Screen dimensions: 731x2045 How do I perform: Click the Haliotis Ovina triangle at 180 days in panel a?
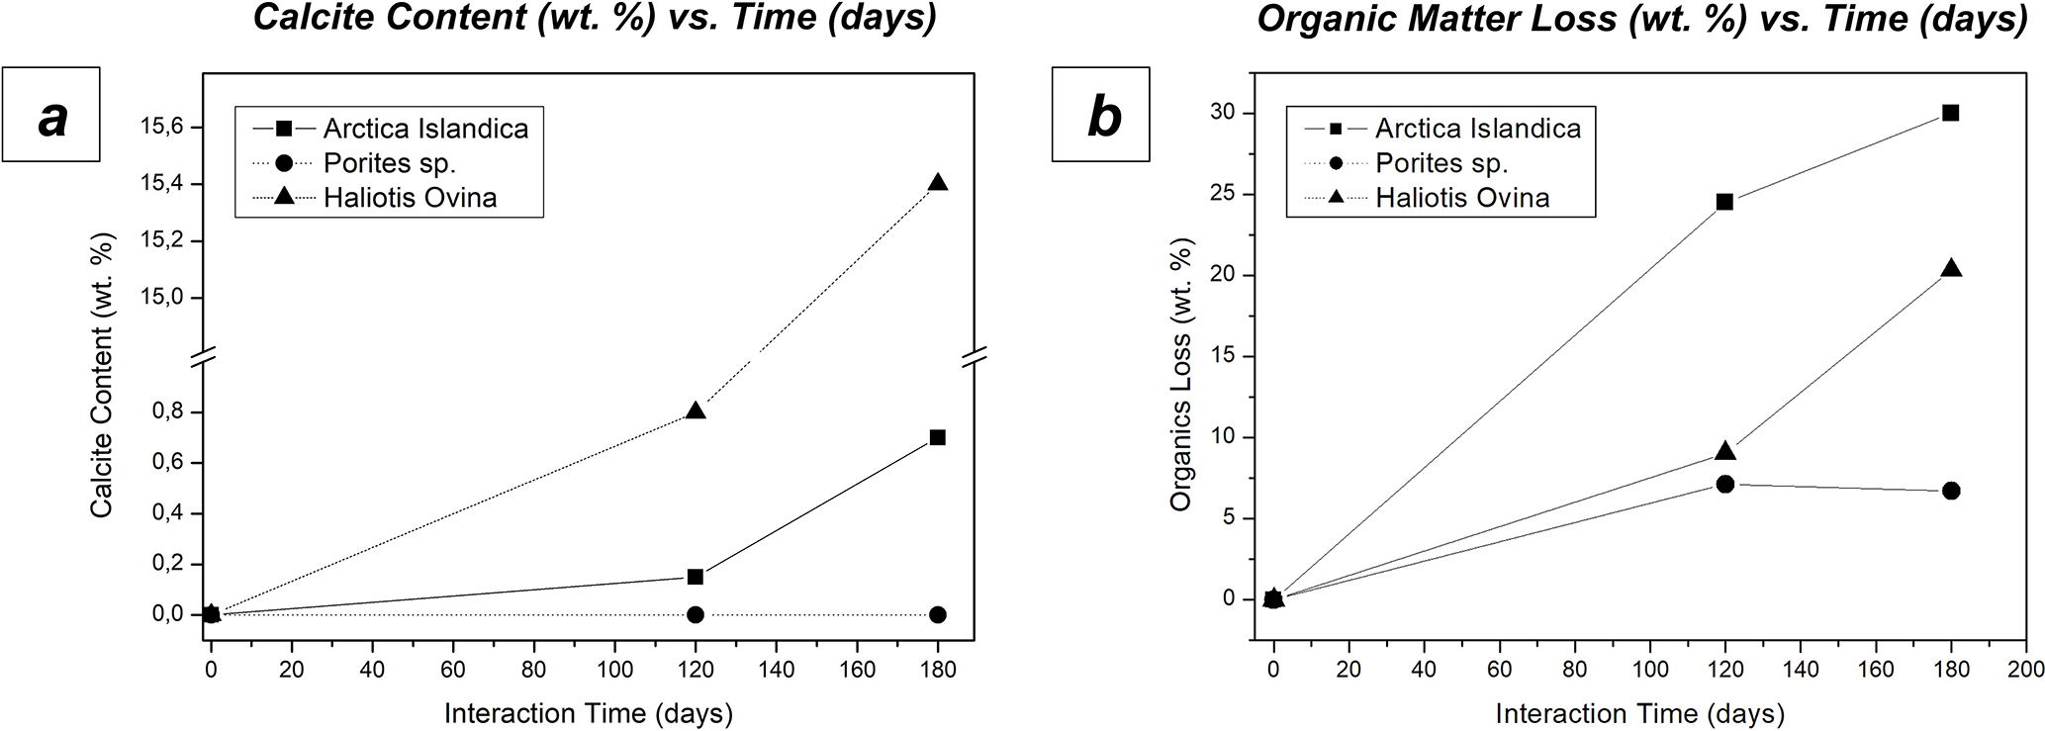[x=938, y=183]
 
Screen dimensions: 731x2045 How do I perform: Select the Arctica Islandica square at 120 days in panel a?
[x=695, y=577]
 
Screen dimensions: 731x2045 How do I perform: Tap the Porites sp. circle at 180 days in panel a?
[x=938, y=614]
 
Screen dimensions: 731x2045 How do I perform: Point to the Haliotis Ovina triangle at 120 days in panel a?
[x=695, y=411]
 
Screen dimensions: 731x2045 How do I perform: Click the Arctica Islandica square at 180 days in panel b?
[x=1950, y=113]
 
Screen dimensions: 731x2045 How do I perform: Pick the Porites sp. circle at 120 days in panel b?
[x=1724, y=484]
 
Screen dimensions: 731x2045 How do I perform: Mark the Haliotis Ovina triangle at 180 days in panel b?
[x=1950, y=269]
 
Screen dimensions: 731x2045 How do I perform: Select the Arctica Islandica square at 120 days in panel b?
[x=1724, y=202]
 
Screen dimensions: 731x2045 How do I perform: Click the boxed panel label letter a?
[x=51, y=116]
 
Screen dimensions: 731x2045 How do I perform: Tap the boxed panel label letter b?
[x=1102, y=116]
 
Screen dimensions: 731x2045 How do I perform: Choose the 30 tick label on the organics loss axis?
[x=1223, y=113]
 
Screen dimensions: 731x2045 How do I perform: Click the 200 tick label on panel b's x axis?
[x=2025, y=670]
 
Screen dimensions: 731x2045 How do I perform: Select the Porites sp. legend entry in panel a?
[x=389, y=163]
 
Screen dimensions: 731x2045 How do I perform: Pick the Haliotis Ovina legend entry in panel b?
[x=1461, y=198]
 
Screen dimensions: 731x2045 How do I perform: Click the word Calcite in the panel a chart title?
[x=317, y=18]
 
